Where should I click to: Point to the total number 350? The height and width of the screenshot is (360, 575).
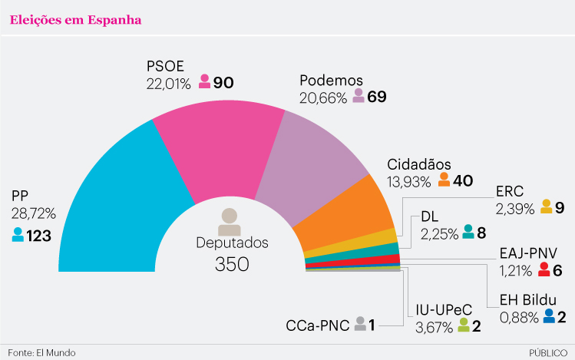tap(232, 265)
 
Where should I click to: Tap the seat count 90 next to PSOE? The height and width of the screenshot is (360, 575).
tap(223, 82)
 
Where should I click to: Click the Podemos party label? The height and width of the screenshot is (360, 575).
tap(331, 81)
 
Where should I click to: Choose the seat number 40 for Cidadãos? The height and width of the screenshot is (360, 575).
tap(463, 181)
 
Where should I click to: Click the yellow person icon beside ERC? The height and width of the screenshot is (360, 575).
tap(546, 206)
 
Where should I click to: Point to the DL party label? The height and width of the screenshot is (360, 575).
tap(430, 216)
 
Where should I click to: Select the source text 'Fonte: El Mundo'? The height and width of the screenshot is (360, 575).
tap(42, 352)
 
